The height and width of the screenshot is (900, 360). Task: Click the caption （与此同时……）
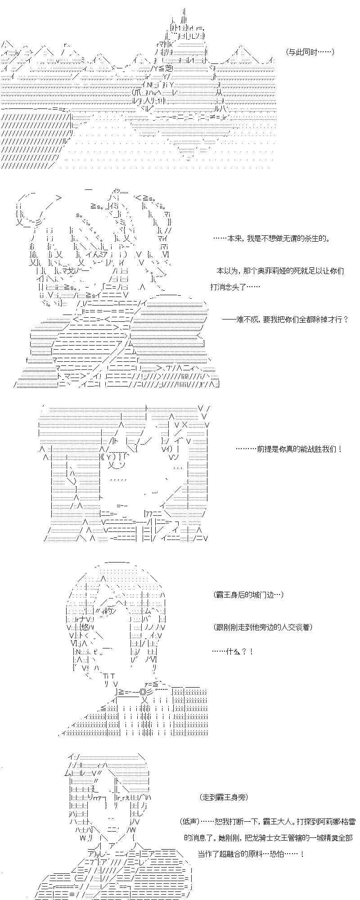pyautogui.click(x=310, y=52)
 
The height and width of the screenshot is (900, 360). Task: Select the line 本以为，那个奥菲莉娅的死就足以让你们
pyautogui.click(x=280, y=271)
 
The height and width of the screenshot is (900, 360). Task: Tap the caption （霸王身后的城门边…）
pyautogui.click(x=249, y=595)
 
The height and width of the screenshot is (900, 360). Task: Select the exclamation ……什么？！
pyautogui.click(x=232, y=651)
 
